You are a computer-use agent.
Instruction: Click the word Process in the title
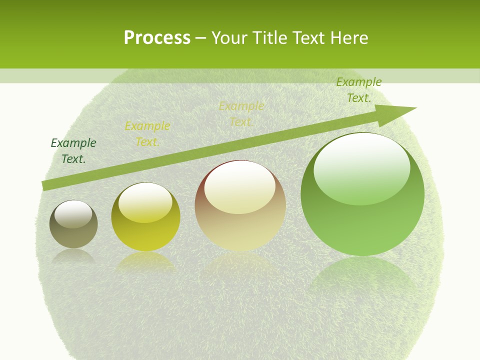coord(157,38)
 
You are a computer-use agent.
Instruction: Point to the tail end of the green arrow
coord(45,185)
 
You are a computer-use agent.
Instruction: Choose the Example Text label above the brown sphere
coord(241,114)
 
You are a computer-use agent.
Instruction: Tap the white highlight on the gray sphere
coord(73,214)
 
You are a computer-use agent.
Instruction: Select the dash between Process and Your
coord(201,38)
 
